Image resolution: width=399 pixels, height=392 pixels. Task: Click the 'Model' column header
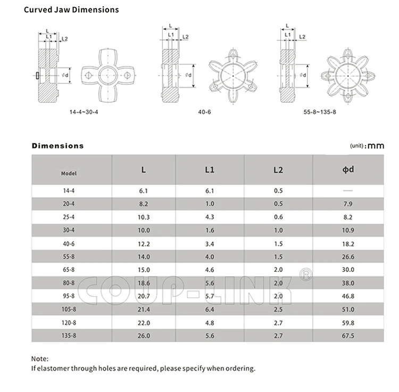tap(69, 173)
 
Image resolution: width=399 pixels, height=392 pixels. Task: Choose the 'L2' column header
tap(278, 170)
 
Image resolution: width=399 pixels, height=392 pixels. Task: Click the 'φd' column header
tap(348, 170)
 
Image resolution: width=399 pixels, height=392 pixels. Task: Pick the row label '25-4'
tap(69, 217)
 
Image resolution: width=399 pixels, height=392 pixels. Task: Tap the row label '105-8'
tap(69, 308)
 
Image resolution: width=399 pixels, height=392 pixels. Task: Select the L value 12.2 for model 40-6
tap(144, 243)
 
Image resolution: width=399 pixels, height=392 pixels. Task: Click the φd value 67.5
tap(348, 335)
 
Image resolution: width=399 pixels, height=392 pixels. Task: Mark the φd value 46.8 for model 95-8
tap(348, 295)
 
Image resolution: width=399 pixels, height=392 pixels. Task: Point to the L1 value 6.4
tap(210, 308)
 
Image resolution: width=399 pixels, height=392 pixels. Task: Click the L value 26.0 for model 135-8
tap(144, 335)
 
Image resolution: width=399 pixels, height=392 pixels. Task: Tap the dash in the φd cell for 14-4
tap(348, 190)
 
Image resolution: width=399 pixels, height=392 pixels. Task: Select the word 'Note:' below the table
tap(40, 358)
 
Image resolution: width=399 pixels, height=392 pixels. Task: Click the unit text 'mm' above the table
tap(376, 145)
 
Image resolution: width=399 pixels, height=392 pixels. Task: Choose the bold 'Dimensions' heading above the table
tap(57, 146)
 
